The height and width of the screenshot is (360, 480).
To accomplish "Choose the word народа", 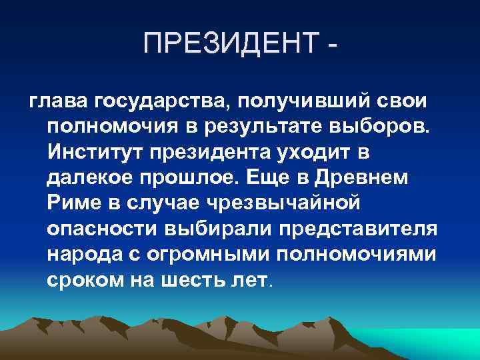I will pyautogui.click(x=82, y=253).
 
